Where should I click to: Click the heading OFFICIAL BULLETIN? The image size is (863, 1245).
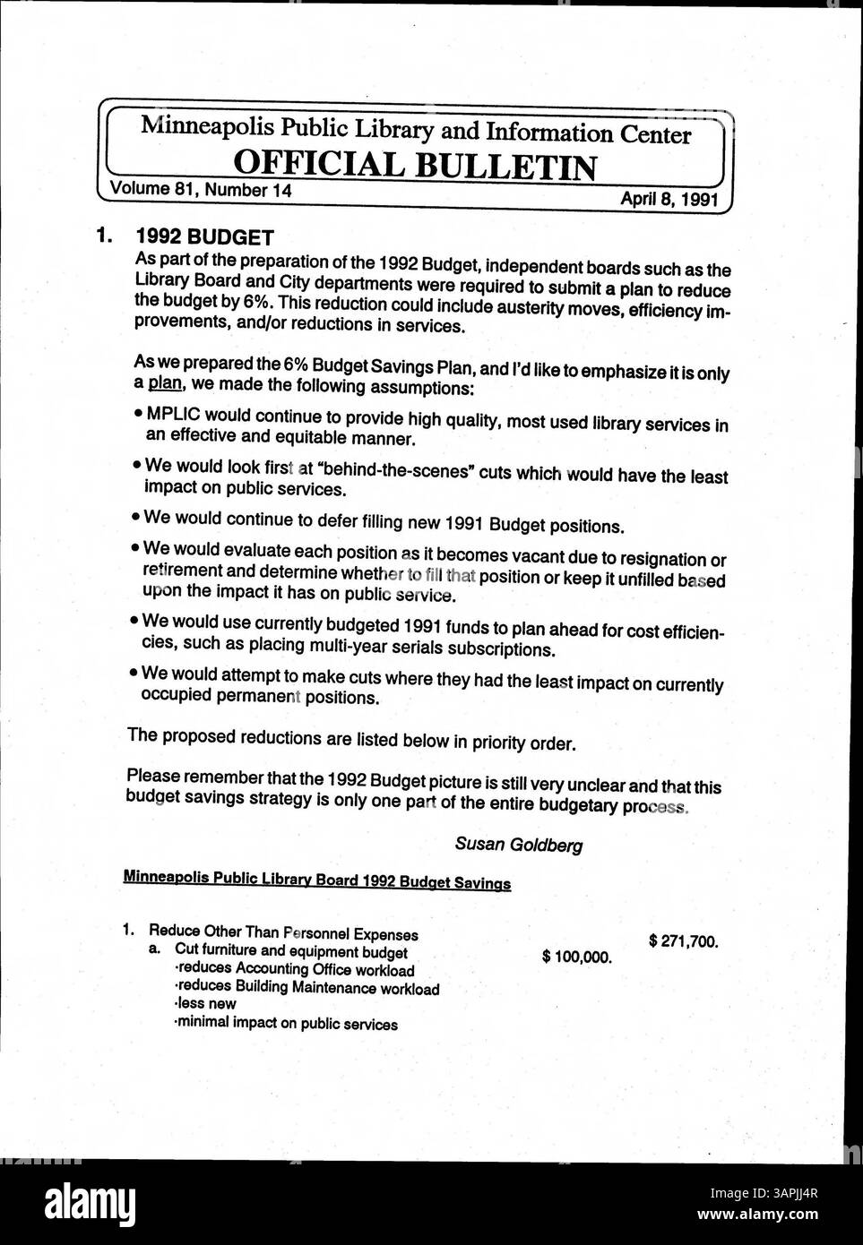pyautogui.click(x=414, y=166)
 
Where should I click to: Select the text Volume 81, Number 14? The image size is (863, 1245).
pyautogui.click(x=201, y=190)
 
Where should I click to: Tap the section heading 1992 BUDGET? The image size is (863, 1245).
pyautogui.click(x=204, y=238)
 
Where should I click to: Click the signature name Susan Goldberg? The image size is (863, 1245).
pyautogui.click(x=519, y=844)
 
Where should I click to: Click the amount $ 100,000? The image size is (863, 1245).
pyautogui.click(x=577, y=957)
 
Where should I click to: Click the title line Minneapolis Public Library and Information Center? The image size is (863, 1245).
pyautogui.click(x=416, y=131)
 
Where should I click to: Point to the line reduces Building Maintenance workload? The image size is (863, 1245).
pyautogui.click(x=306, y=989)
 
